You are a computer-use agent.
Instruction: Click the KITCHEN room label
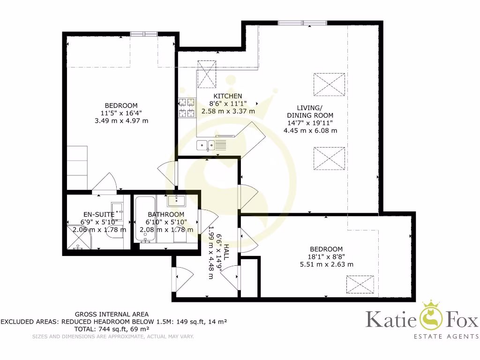click(x=228, y=96)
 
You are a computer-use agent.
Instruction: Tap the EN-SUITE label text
click(x=96, y=215)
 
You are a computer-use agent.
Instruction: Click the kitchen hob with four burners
click(x=187, y=107)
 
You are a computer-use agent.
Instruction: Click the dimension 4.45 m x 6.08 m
click(x=310, y=131)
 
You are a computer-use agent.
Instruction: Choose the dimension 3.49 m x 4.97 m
click(x=121, y=121)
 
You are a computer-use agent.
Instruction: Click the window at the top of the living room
click(x=302, y=22)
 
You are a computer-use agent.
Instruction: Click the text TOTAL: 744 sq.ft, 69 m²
click(x=112, y=330)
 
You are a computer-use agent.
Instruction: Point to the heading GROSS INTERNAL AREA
click(x=112, y=314)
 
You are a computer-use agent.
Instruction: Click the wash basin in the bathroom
click(x=177, y=200)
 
